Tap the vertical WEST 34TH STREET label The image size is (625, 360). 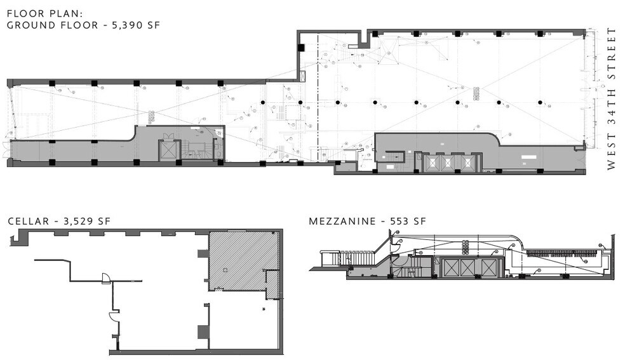[612, 98]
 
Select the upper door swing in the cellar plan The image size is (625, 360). [106, 277]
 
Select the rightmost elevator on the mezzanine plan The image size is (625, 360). [487, 267]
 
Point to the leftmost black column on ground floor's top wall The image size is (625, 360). [52, 83]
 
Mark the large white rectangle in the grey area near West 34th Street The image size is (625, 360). [527, 156]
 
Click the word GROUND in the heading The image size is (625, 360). [29, 25]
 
